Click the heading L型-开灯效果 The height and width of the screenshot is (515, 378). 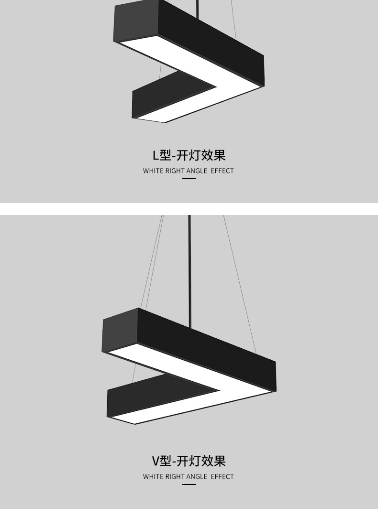click(x=189, y=155)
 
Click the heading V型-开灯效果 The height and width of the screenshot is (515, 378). click(x=189, y=461)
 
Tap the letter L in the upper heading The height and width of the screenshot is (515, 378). click(x=156, y=156)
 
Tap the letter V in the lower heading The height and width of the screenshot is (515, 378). click(x=156, y=461)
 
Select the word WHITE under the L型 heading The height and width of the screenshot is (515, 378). click(x=153, y=171)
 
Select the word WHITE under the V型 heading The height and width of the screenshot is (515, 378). click(x=153, y=477)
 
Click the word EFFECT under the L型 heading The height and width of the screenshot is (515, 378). click(x=222, y=171)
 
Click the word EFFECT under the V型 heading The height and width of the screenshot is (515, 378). click(x=222, y=477)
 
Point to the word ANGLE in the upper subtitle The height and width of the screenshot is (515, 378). click(x=197, y=171)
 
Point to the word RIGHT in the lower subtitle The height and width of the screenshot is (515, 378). click(x=175, y=477)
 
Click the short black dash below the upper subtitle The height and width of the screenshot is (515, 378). click(x=189, y=179)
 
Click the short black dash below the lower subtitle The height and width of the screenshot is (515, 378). click(x=189, y=484)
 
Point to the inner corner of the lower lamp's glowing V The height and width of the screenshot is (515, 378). click(x=218, y=390)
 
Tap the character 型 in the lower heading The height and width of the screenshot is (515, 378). click(x=166, y=461)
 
